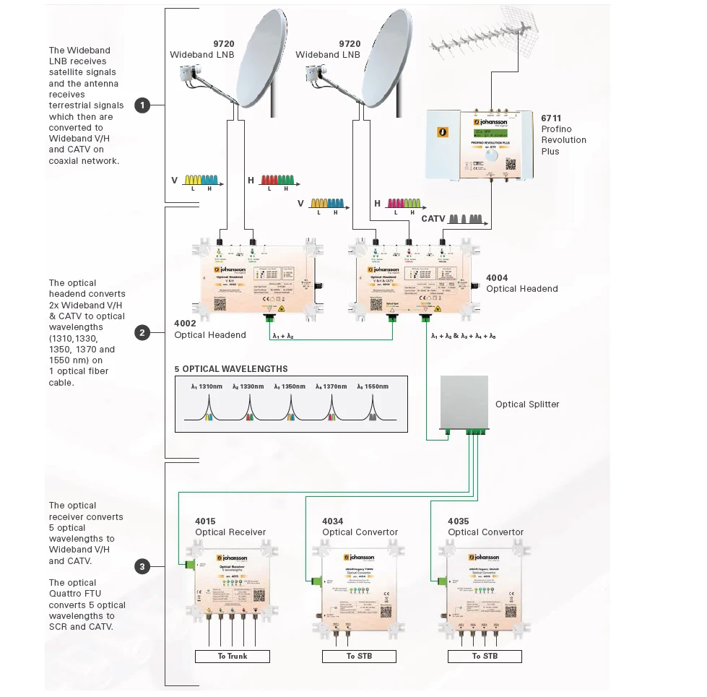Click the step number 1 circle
click(142, 105)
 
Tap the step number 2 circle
click(142, 333)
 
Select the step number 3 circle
click(142, 566)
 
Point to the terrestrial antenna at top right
click(482, 42)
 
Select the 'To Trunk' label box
click(233, 656)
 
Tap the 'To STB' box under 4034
click(360, 656)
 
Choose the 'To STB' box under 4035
click(485, 656)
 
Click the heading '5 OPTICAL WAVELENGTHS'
click(231, 369)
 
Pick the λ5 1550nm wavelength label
click(373, 386)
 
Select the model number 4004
click(497, 277)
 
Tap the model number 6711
click(551, 118)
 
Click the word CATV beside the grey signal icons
click(433, 218)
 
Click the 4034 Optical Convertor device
click(359, 584)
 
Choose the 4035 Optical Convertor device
click(485, 584)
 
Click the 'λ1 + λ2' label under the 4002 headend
click(282, 337)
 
